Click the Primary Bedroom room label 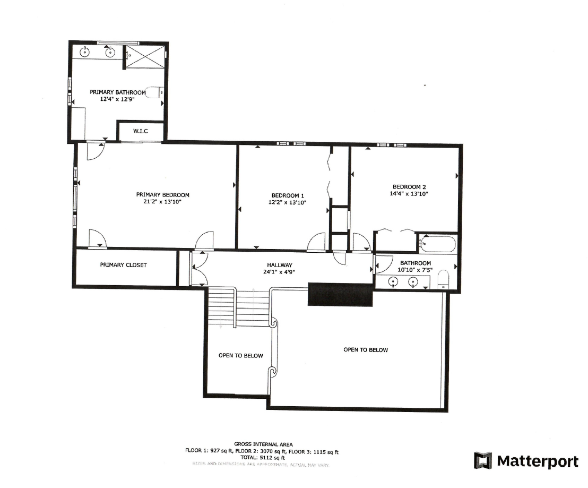162,195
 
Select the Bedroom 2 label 409,186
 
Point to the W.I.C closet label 140,131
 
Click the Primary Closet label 123,265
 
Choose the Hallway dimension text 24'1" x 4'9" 280,272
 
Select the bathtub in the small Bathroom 437,245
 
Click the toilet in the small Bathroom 444,280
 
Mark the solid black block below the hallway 340,294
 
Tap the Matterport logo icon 483,460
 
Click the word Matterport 537,461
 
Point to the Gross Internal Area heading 263,444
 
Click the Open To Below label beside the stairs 240,356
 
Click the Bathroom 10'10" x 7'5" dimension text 416,270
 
